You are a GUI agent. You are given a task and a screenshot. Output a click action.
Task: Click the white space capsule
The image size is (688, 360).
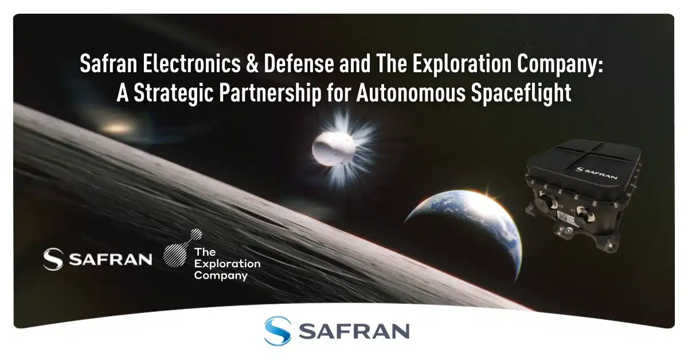tap(329, 147)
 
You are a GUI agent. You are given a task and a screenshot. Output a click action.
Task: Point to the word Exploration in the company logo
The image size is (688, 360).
tap(226, 264)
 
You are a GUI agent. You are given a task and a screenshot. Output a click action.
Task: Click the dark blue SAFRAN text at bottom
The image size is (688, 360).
tap(354, 331)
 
